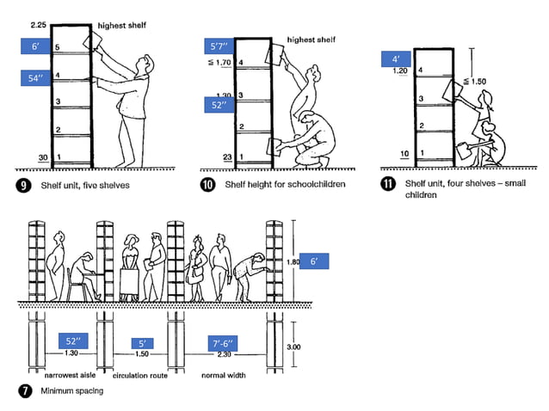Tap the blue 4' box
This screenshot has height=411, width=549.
point(397,58)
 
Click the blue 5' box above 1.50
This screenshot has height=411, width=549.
point(142,342)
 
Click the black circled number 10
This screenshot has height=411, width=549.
point(207,183)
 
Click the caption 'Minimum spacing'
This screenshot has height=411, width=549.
point(71,390)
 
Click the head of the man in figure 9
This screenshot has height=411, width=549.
point(149,64)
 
